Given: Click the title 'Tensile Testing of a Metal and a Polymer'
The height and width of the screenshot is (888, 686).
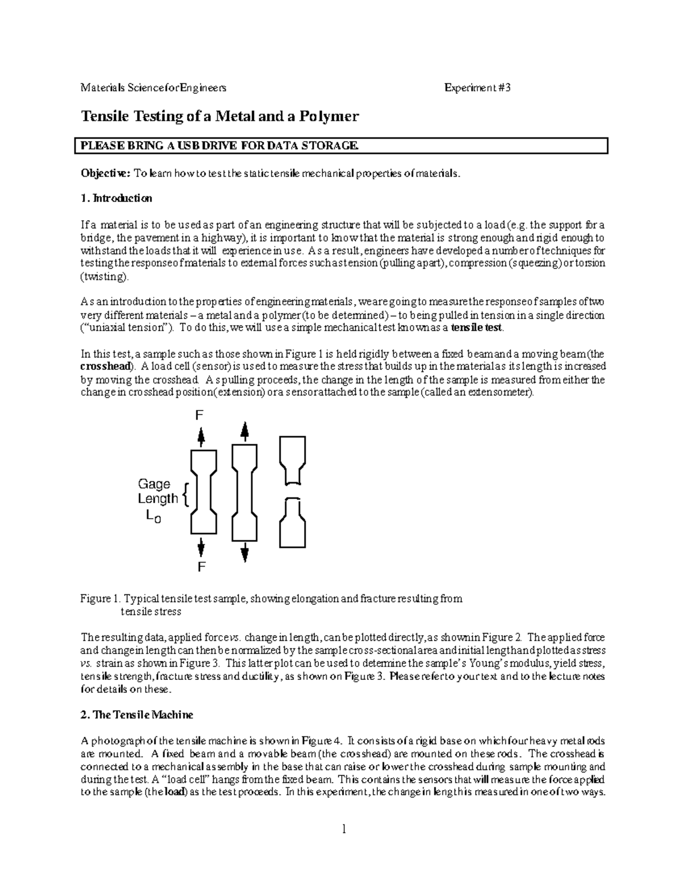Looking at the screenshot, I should (220, 117).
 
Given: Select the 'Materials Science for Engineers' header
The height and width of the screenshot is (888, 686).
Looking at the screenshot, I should (153, 87).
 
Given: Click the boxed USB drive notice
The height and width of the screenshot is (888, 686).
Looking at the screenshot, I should (341, 146).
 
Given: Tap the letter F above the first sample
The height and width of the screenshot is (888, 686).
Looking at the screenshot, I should (200, 416).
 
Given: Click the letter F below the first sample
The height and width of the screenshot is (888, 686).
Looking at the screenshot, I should (201, 567).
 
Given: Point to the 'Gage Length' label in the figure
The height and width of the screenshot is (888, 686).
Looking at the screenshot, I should (158, 491).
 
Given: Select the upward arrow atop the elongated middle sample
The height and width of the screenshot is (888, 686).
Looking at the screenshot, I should (245, 432).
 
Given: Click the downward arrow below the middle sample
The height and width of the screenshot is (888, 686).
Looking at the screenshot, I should (245, 552).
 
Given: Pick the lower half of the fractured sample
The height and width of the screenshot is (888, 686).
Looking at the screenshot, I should (293, 523).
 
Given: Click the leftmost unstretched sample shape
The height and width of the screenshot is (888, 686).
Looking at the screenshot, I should (203, 491).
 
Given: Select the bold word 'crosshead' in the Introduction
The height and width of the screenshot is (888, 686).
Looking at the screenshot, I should (106, 367).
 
